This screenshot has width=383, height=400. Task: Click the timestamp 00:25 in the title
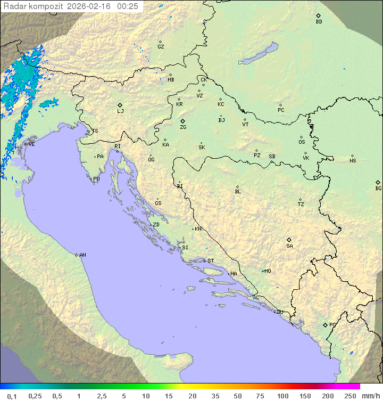pos(128,6)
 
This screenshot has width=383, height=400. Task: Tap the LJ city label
pos(120,111)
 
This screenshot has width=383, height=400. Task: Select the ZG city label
pos(183,127)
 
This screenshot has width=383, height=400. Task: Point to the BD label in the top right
pos(319,22)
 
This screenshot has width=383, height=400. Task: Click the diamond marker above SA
pos(289,240)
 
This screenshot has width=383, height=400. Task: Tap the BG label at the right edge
pos(378,188)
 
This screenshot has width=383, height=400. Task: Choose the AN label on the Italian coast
pos(82,255)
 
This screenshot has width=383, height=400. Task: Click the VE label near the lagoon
pos(31,144)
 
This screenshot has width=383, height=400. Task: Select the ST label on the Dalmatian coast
pos(211,261)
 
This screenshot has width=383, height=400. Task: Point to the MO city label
pos(268,271)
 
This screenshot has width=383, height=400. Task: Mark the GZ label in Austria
pos(161,47)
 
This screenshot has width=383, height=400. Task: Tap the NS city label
pos(353,161)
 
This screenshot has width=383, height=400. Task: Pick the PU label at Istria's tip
pos(96,179)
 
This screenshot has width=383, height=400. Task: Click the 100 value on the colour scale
pos(282,396)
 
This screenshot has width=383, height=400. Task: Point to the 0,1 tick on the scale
pos(12,396)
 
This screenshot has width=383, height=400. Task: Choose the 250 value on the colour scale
pos(350,396)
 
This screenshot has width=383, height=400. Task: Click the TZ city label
pos(301,205)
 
